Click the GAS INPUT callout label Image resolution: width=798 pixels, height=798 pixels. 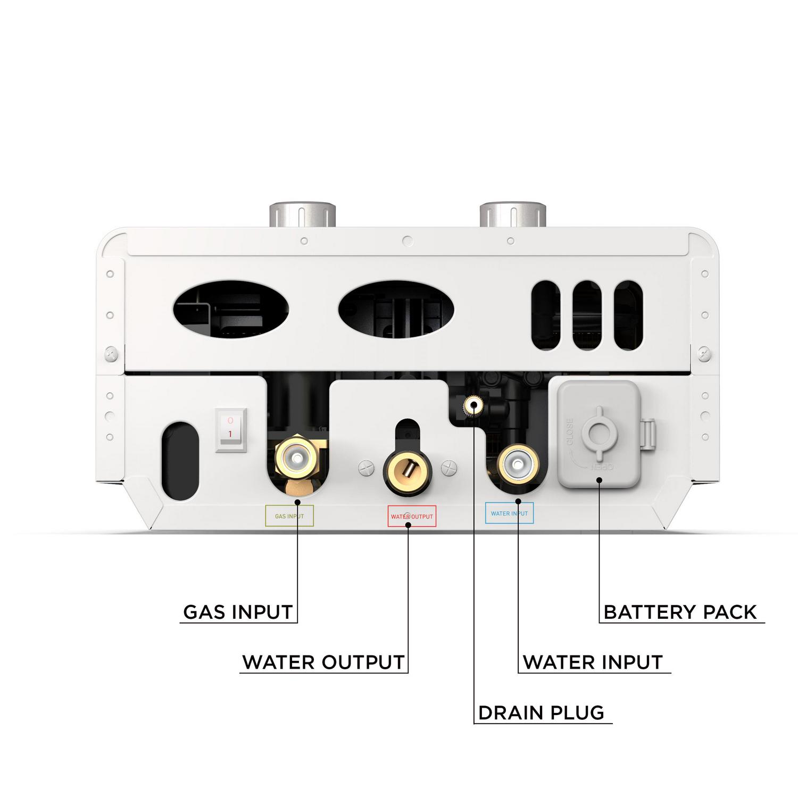point(238,612)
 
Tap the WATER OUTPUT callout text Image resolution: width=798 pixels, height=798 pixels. point(323,662)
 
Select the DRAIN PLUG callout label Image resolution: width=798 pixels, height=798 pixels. point(541,713)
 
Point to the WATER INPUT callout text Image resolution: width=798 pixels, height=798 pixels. point(593,662)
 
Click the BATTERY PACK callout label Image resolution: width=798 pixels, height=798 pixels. point(680,612)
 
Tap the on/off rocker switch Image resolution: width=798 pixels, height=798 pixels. point(231,430)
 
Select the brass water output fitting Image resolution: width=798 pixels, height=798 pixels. point(408,469)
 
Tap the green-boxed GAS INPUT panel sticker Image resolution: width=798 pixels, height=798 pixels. point(289,516)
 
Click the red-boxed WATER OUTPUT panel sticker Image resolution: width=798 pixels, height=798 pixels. point(412,517)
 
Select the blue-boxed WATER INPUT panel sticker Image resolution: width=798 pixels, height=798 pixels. point(509,513)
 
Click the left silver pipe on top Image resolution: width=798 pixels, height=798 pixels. point(302,215)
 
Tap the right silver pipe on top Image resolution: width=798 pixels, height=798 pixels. point(513,215)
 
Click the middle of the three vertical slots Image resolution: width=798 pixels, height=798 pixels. point(587,315)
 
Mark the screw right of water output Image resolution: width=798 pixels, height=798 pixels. point(450,468)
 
